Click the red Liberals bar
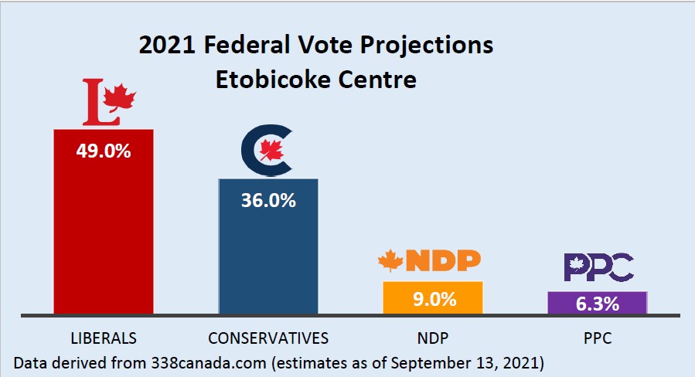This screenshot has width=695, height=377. click(103, 232)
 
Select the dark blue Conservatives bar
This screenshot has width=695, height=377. click(268, 255)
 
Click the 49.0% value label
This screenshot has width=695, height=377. click(103, 150)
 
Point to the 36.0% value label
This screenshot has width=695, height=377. click(268, 200)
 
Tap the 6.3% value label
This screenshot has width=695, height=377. click(597, 304)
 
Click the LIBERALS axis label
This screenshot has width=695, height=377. click(103, 338)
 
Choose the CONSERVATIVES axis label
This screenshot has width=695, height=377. click(268, 338)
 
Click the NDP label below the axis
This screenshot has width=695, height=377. click(434, 338)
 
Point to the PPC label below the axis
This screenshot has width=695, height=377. click(597, 338)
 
